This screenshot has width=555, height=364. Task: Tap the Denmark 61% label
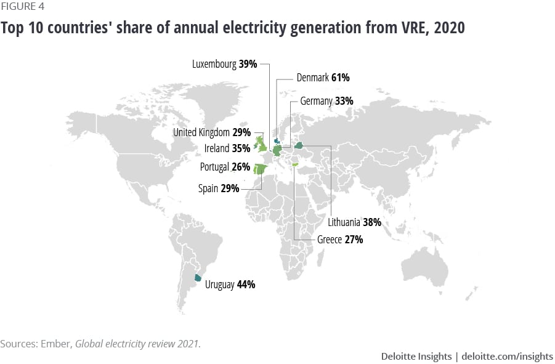314,78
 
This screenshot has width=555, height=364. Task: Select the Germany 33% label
326,100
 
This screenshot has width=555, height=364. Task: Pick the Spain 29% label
219,188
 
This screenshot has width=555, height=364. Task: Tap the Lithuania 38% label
354,222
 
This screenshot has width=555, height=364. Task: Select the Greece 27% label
340,240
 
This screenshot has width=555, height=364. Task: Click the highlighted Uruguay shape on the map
198,278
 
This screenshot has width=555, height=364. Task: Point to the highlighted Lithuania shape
299,145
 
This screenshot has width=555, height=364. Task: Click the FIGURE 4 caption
22,7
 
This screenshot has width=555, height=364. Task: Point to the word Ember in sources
55,344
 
